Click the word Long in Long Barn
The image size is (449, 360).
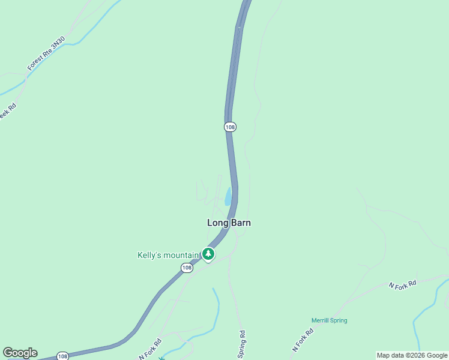218,223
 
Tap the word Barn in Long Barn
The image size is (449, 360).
240,223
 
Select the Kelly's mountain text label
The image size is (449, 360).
168,255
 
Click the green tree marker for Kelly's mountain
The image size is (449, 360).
208,254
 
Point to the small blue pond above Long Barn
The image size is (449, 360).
228,197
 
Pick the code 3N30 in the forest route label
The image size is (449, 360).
58,44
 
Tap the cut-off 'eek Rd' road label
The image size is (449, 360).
7,112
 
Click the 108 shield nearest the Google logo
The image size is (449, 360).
62,356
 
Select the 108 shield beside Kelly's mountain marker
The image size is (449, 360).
187,268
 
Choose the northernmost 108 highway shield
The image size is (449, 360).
230,127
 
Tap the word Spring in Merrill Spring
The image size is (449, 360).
339,320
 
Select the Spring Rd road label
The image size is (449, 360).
241,342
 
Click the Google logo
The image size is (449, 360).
20,353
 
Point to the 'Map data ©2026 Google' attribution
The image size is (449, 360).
412,355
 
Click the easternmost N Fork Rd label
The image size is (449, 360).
402,286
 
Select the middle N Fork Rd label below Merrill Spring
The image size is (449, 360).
304,340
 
